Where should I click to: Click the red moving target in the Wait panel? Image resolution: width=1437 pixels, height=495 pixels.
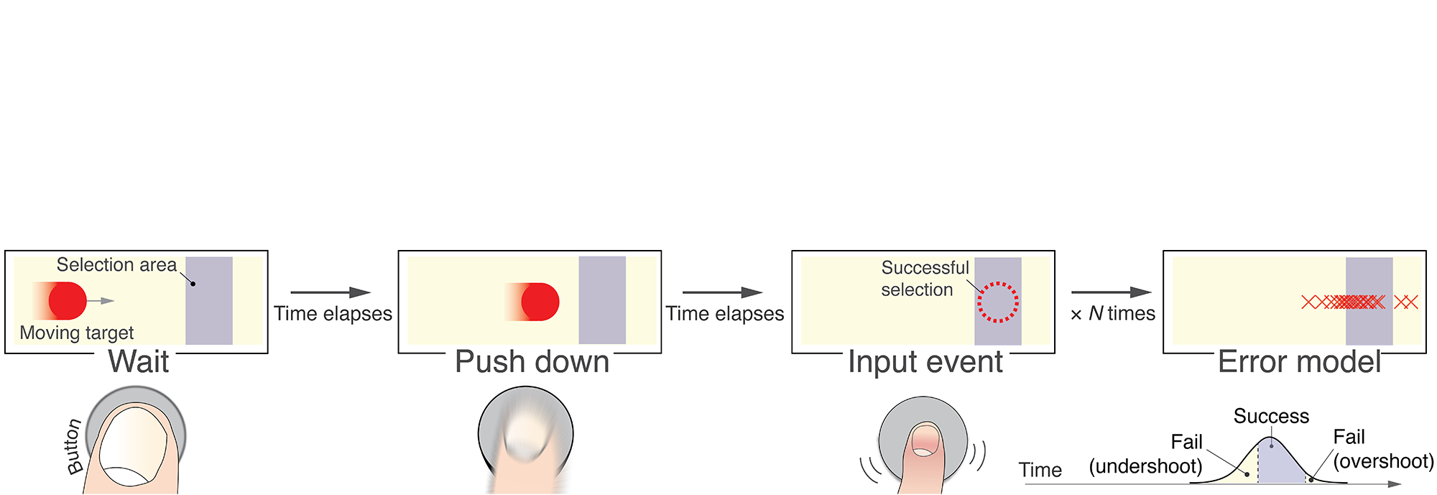pos(67,301)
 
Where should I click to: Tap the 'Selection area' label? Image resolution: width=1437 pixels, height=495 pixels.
pos(116,265)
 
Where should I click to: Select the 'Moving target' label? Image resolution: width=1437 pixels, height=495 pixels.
pos(77,333)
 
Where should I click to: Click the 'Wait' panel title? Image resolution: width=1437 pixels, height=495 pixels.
pos(139,361)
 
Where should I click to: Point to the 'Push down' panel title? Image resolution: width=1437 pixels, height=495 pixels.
pos(532,361)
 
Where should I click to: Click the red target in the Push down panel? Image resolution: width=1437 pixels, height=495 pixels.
pos(540,302)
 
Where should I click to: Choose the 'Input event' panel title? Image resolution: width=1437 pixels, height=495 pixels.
pos(925,361)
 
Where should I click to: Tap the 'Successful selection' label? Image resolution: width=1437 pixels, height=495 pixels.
pos(924,279)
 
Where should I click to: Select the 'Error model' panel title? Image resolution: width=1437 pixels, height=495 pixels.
pos(1299,361)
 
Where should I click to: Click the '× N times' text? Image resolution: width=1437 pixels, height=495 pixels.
pos(1112,314)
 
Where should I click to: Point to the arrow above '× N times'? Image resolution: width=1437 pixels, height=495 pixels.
pos(1111,292)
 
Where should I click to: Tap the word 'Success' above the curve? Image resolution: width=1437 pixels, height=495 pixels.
pos(1271,416)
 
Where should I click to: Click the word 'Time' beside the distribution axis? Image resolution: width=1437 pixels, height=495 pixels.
pos(1040,470)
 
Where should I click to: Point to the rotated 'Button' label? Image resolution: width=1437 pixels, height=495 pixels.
pos(74,447)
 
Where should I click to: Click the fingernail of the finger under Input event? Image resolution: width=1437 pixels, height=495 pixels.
pos(926,440)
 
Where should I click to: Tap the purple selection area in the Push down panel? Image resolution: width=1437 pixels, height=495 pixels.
pos(602,300)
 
